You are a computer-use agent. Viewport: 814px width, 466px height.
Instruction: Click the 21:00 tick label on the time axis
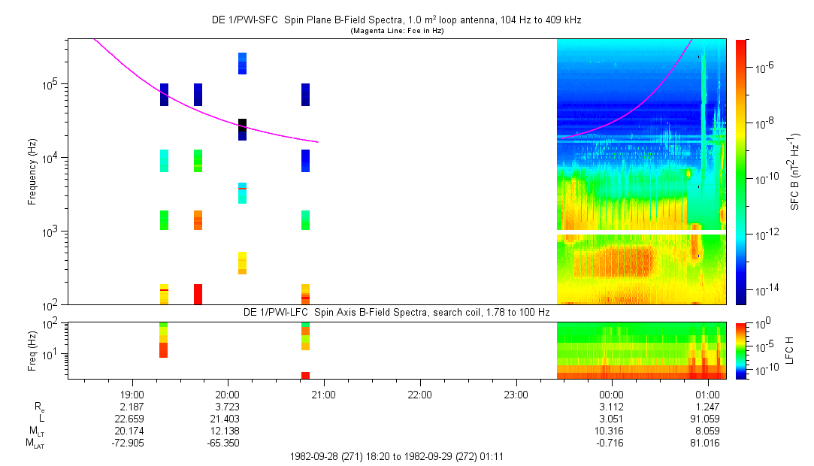pos(323,395)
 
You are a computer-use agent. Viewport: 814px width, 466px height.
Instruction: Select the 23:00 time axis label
pos(516,395)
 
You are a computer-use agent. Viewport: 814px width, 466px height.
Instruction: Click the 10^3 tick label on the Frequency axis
pos(52,231)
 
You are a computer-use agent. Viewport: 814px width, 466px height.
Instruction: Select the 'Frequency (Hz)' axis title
pos(32,172)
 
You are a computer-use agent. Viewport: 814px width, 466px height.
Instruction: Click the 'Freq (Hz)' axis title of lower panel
pos(32,351)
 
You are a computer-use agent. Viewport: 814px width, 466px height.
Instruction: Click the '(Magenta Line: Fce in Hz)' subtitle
pos(397,31)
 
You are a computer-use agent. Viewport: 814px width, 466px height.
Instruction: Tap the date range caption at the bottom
pos(397,457)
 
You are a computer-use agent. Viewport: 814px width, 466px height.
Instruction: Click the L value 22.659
pos(129,419)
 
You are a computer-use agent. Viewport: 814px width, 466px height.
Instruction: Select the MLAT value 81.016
pos(704,443)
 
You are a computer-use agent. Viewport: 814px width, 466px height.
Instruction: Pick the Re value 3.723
pos(228,407)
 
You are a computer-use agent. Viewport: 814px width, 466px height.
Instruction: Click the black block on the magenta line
pos(243,125)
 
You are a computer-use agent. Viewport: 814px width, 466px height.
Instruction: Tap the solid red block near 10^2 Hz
pos(198,294)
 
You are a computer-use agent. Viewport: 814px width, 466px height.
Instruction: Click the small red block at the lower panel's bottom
pos(305,375)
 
